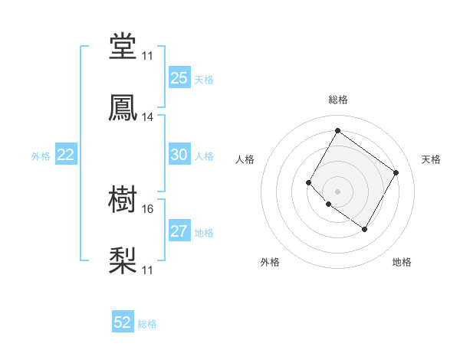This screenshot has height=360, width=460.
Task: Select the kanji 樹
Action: point(123,201)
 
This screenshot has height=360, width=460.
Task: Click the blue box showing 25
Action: point(179,78)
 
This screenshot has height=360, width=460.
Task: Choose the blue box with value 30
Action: point(179,155)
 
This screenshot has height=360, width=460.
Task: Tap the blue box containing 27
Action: point(179,231)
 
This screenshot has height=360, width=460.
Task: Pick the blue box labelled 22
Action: point(66,155)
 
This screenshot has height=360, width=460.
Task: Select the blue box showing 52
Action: point(123,323)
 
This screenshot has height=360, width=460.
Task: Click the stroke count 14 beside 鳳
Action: point(148,117)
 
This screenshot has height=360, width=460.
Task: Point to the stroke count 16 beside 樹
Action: point(148,208)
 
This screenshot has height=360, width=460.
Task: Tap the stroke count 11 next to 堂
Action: point(148,56)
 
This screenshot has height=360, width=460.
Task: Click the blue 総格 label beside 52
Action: point(147,324)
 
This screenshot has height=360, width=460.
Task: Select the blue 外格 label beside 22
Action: point(41,155)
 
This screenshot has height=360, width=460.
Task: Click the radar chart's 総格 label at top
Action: point(337,100)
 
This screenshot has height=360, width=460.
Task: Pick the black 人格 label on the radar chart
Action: point(245,159)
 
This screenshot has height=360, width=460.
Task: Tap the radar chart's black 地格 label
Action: point(402,262)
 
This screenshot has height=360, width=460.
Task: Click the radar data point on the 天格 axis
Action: point(396,172)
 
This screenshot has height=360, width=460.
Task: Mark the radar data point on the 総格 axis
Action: point(337,130)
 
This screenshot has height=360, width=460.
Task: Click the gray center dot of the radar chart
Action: point(337,191)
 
